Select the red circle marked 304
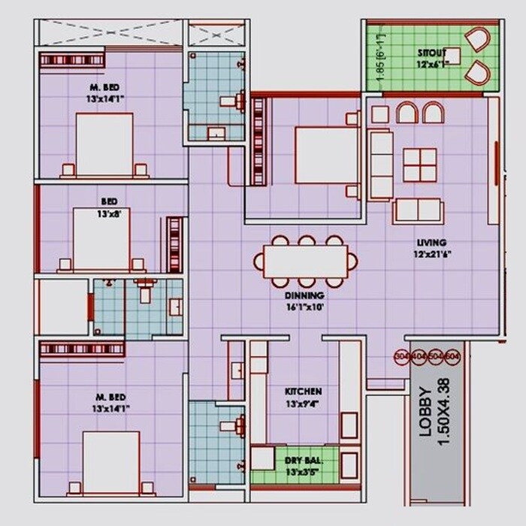point(401,356)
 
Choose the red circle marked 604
point(452,356)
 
